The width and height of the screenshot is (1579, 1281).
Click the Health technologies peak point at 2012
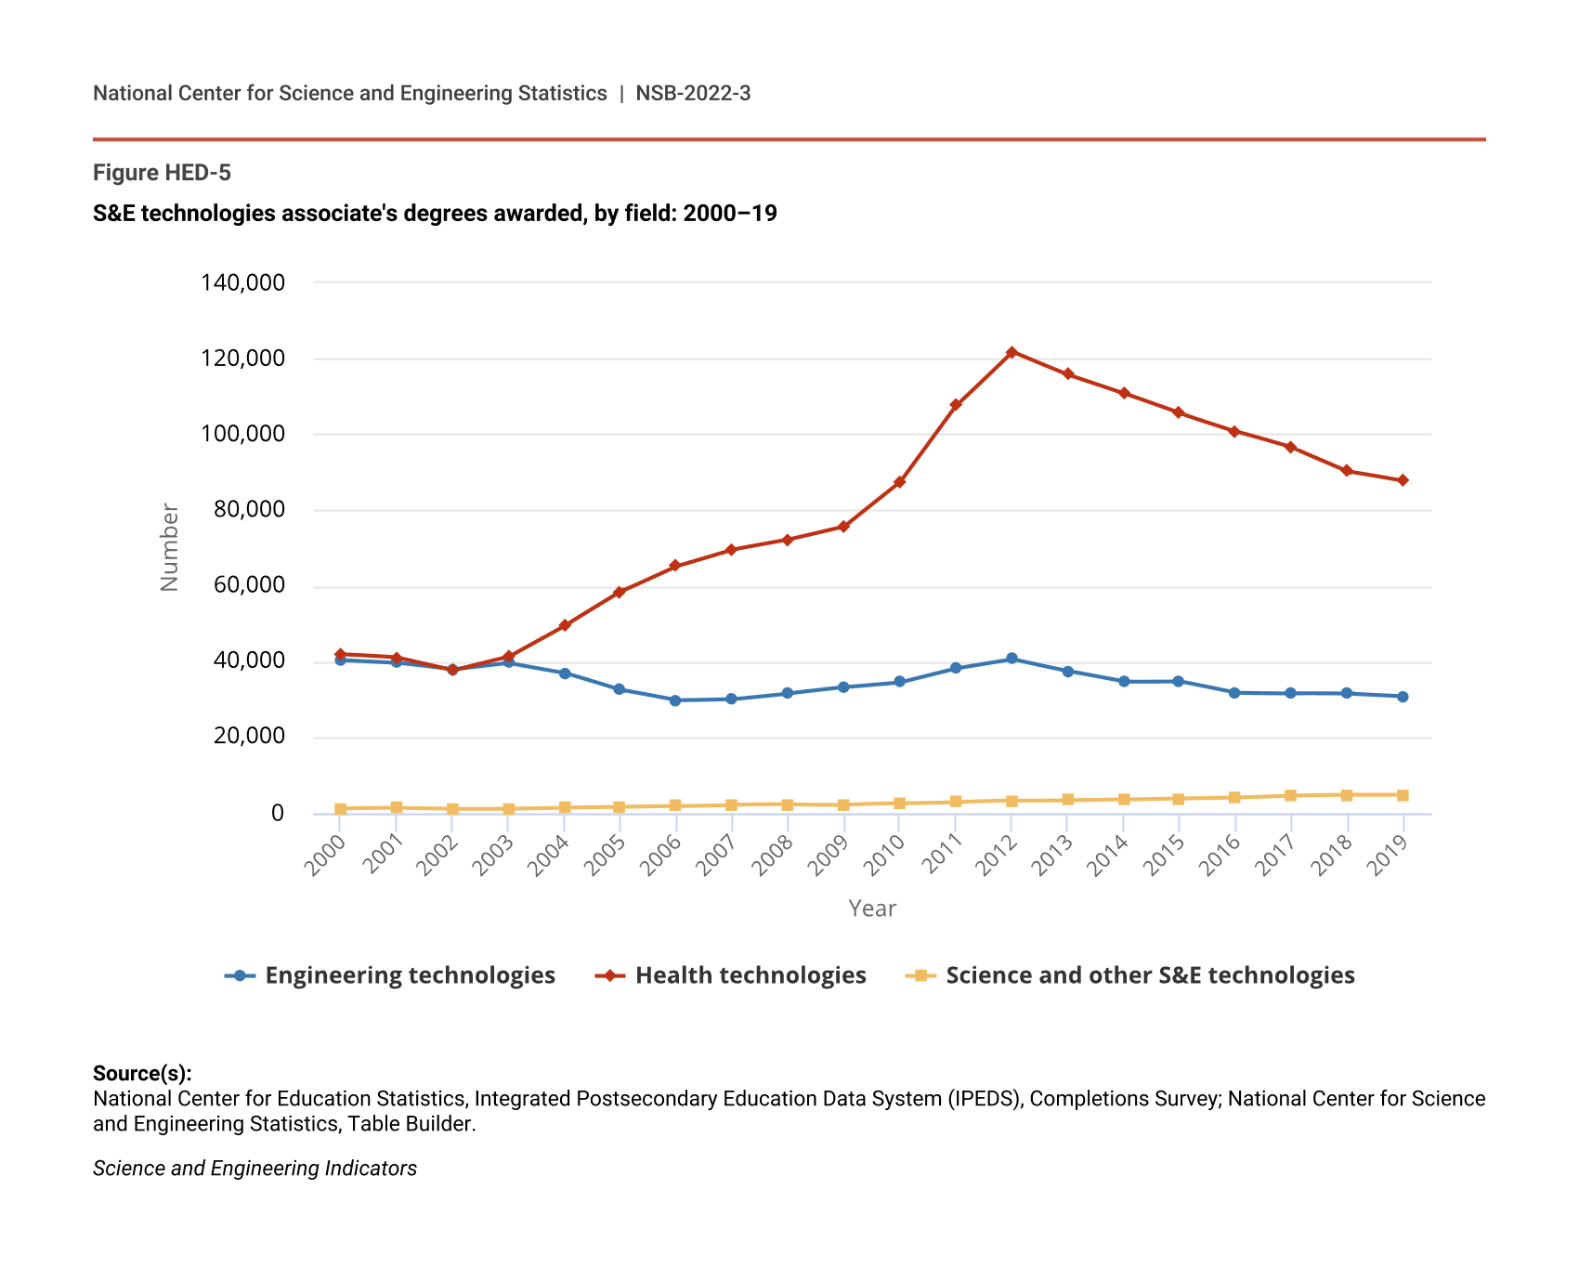[1011, 352]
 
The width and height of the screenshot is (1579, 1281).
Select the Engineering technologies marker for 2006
[675, 700]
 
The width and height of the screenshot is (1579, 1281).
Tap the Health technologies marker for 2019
[1403, 480]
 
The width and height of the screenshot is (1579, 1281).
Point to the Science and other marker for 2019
[1403, 795]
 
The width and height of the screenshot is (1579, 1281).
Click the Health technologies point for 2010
[899, 482]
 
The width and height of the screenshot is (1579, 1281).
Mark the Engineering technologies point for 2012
[1011, 659]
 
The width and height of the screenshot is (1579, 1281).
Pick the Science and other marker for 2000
[341, 809]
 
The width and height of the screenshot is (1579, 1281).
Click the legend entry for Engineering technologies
[390, 975]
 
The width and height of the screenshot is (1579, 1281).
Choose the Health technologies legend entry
[731, 975]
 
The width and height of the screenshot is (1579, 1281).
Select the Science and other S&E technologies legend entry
[1130, 975]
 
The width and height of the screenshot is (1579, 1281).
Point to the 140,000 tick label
[242, 282]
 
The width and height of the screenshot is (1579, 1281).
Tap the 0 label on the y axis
[277, 814]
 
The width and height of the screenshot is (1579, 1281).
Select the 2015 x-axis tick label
[1164, 856]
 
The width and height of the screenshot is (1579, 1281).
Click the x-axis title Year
[872, 908]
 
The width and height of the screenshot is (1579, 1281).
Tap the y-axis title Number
[169, 547]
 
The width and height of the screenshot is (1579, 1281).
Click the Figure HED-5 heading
[162, 173]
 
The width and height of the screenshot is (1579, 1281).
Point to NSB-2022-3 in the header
[693, 93]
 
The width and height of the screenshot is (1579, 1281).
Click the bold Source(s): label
[142, 1074]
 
